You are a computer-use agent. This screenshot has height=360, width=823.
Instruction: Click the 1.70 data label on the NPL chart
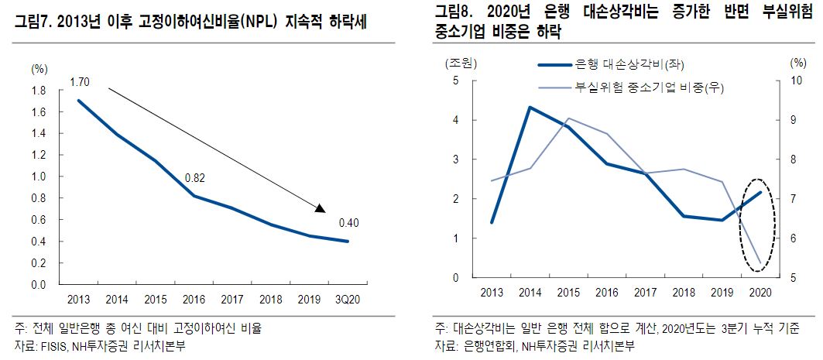79,81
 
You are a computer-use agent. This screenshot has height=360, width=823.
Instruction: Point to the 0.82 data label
194,179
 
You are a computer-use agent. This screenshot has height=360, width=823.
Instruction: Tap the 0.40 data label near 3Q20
349,224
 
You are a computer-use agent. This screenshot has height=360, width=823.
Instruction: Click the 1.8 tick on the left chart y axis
38,91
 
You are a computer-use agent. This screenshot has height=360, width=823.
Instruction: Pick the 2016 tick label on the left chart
194,299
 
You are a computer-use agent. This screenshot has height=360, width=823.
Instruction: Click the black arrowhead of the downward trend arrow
320,207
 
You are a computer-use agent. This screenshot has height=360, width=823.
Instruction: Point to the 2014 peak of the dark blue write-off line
530,107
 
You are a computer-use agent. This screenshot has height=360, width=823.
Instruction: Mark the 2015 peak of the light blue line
568,118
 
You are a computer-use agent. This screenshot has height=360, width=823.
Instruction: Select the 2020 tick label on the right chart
760,291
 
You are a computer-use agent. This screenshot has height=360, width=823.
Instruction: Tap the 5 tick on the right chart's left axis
455,81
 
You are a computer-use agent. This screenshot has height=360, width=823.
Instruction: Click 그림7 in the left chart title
29,23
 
